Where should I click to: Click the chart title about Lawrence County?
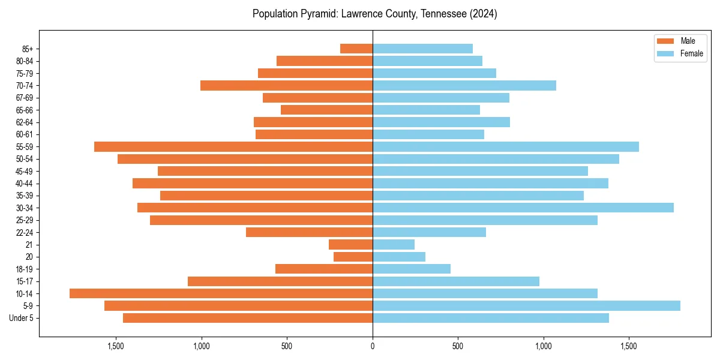click(x=374, y=14)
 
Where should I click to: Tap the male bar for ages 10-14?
click(x=221, y=293)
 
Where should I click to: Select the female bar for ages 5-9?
click(x=526, y=306)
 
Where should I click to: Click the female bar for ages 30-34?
click(x=523, y=208)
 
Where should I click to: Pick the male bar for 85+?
click(x=356, y=49)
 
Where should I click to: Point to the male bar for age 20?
click(x=353, y=257)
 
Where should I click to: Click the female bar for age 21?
click(x=394, y=245)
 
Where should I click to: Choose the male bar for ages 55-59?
click(x=233, y=146)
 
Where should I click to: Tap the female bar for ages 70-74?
click(x=464, y=85)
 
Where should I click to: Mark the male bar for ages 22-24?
click(x=309, y=232)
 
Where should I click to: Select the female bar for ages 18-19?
click(x=412, y=269)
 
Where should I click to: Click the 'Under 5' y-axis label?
click(x=21, y=318)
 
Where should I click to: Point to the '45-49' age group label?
click(x=25, y=171)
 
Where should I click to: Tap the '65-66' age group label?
click(x=25, y=110)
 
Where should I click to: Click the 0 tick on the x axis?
click(x=373, y=346)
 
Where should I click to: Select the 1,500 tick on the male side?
click(x=116, y=346)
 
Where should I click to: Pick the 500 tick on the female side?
click(x=458, y=346)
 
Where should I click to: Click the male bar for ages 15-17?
click(x=280, y=281)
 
